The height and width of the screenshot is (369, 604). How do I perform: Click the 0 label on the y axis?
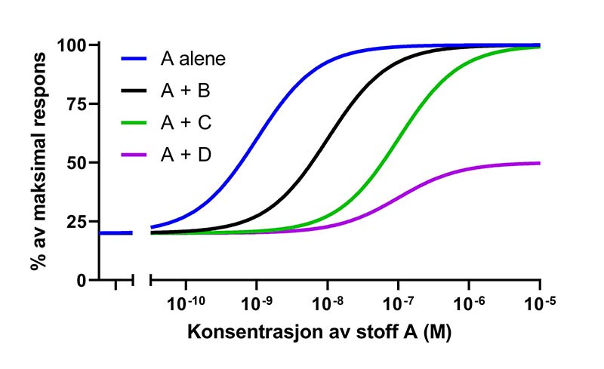coord(83,280)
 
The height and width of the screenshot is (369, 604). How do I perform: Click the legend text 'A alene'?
coord(193,58)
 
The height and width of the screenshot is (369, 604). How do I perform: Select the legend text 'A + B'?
coord(184,91)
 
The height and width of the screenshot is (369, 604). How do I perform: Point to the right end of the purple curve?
coord(539,163)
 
